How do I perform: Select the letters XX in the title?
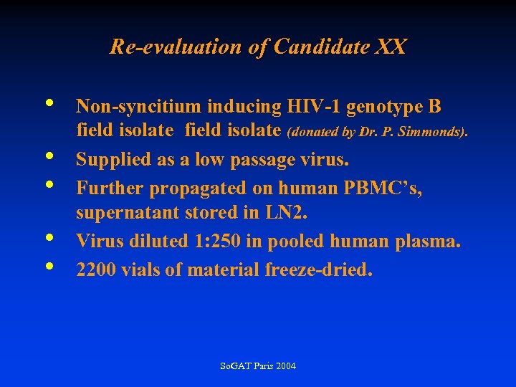point(390,47)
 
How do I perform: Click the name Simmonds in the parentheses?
point(437,132)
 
